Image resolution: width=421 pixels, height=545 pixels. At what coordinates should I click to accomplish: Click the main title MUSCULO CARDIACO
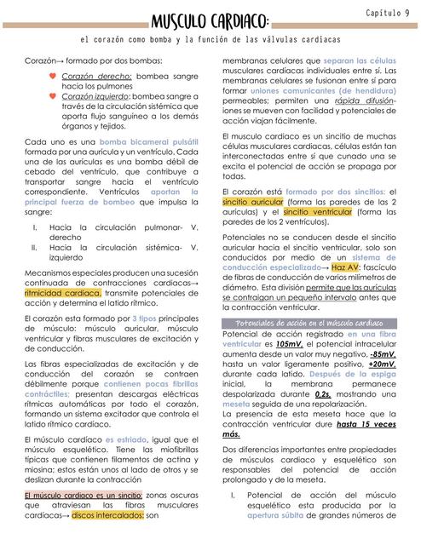pyautogui.click(x=210, y=20)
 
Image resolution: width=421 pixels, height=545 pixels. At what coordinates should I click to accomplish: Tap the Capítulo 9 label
pyautogui.click(x=389, y=13)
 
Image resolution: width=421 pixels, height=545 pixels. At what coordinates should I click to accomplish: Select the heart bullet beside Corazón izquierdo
pyautogui.click(x=53, y=98)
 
